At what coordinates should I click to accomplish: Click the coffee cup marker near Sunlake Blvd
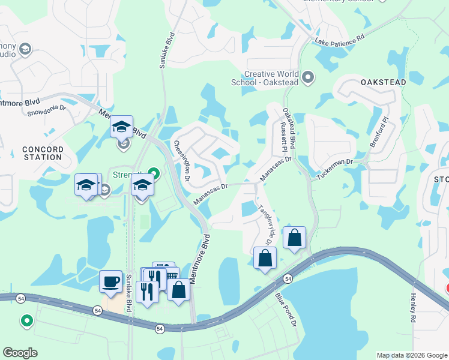[x=110, y=281]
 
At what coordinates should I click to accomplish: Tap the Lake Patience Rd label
[x=340, y=40]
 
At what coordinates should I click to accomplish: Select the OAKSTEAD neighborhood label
[x=384, y=82]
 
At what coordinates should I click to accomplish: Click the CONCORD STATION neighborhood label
[x=42, y=153]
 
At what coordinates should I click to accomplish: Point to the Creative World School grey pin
[x=309, y=77]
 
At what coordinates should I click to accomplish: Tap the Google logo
[x=20, y=353]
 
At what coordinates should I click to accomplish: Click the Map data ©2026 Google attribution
[x=411, y=355]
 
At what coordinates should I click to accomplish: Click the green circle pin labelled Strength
[x=154, y=175]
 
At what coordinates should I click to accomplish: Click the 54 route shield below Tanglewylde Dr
[x=289, y=279]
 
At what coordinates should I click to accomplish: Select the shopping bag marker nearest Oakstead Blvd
[x=294, y=238]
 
